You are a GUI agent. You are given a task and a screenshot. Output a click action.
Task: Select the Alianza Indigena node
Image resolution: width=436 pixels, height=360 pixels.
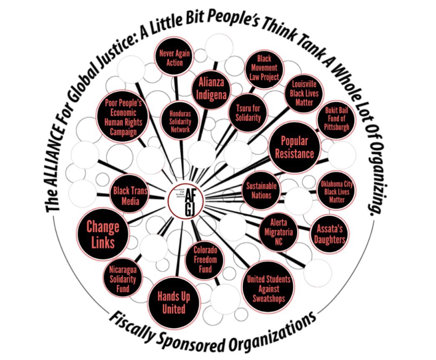(212, 87)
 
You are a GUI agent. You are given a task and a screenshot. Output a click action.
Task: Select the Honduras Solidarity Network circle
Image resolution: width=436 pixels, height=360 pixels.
(180, 121)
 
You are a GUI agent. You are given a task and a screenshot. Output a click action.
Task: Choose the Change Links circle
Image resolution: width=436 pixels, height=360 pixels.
(103, 234)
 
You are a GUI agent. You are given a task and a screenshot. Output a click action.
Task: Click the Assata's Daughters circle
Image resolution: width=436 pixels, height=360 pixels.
(330, 234)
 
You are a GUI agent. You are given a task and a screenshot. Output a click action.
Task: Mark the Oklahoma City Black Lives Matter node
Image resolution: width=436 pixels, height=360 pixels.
(338, 191)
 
